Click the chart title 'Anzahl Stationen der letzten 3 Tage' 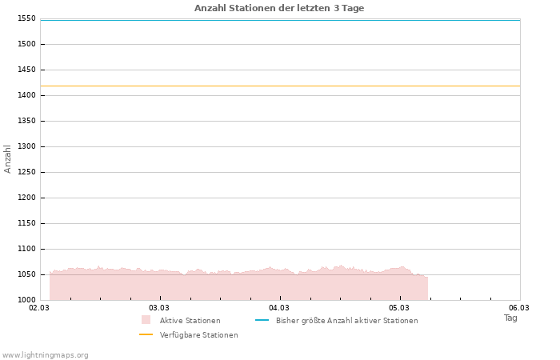point(279,8)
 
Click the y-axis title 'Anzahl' point(8,158)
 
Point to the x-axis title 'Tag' point(510,318)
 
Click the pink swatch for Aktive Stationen point(146,320)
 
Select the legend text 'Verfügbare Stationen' point(198,335)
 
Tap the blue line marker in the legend point(262,320)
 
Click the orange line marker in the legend point(146,334)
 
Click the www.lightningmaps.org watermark point(46,355)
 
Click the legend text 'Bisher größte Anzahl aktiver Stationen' point(346,321)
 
